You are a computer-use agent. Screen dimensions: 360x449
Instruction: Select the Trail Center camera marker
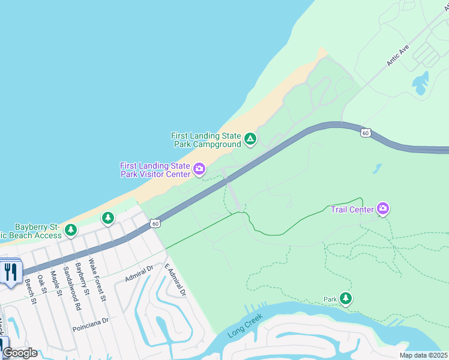pos(383,209)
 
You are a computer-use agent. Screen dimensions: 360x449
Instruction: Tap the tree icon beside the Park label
pos(345,298)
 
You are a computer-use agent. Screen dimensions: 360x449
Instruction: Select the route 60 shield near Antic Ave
pos(365,133)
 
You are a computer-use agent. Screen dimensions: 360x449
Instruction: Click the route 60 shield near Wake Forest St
pos(155,224)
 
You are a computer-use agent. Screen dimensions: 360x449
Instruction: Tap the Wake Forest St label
pos(97,279)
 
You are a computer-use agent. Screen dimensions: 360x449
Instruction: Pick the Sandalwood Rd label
pos(70,288)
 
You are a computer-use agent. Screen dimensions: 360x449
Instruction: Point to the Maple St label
pos(56,284)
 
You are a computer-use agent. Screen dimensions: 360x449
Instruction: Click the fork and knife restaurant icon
pos(10,272)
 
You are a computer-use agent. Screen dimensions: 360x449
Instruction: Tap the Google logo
pos(19,353)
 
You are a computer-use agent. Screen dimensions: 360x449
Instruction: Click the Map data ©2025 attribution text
pos(423,355)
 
